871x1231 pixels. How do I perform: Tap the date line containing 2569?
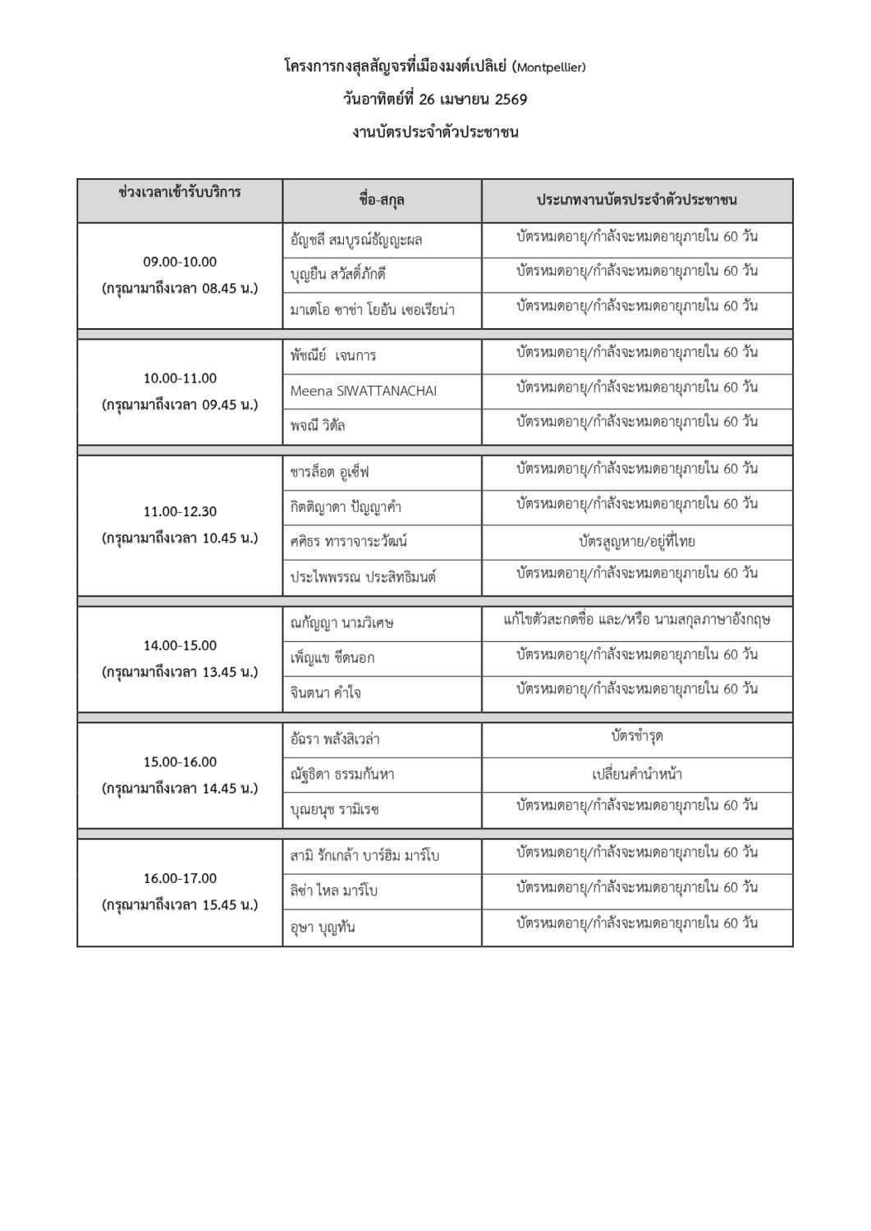point(435,100)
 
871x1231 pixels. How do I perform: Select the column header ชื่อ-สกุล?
point(382,200)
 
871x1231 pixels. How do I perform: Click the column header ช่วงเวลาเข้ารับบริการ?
point(180,194)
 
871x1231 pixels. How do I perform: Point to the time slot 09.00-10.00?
point(180,262)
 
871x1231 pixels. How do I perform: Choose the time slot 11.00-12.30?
point(180,511)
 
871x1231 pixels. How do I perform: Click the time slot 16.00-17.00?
point(180,878)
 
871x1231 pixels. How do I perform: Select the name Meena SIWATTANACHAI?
point(363,391)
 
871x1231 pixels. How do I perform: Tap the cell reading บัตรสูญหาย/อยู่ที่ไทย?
point(636,542)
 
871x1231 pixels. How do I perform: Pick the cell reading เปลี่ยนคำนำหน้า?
point(636,773)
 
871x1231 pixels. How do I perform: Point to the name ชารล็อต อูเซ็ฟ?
point(330,473)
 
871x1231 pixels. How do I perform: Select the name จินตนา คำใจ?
point(325,693)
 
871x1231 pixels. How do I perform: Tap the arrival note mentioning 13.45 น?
point(180,672)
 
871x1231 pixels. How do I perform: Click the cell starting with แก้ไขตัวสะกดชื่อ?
point(636,620)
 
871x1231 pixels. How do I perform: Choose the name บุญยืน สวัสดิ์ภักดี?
point(337,275)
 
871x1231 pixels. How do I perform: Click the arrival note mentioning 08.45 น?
point(180,289)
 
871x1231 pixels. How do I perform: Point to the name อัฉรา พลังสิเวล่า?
point(334,739)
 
